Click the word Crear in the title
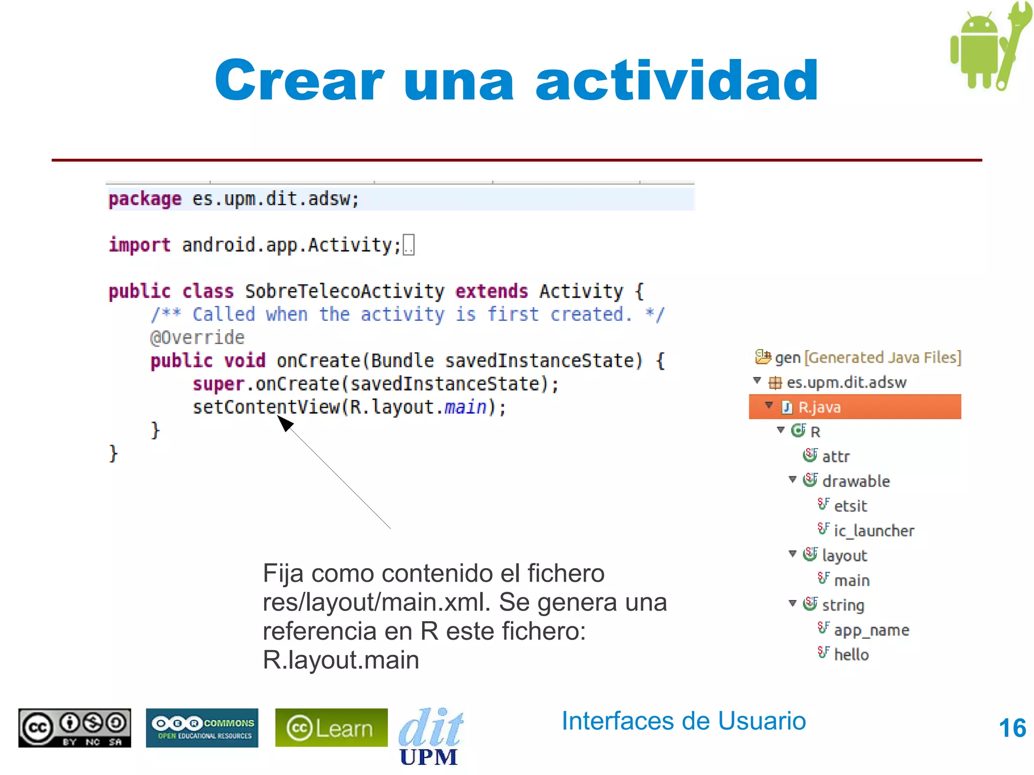coord(299,81)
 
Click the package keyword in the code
coord(145,199)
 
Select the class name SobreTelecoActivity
coord(344,291)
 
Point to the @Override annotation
coord(197,337)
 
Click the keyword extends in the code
coord(491,291)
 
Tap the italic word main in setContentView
coord(465,407)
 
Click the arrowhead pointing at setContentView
coord(284,422)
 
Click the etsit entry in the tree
coord(850,506)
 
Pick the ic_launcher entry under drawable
coord(873,530)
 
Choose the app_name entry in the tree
coord(871,630)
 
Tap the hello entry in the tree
coord(851,654)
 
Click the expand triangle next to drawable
coord(792,479)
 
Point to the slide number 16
coord(1012,728)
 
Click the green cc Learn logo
coord(331,728)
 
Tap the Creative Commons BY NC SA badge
coord(75,728)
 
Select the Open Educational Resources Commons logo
coord(202,728)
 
